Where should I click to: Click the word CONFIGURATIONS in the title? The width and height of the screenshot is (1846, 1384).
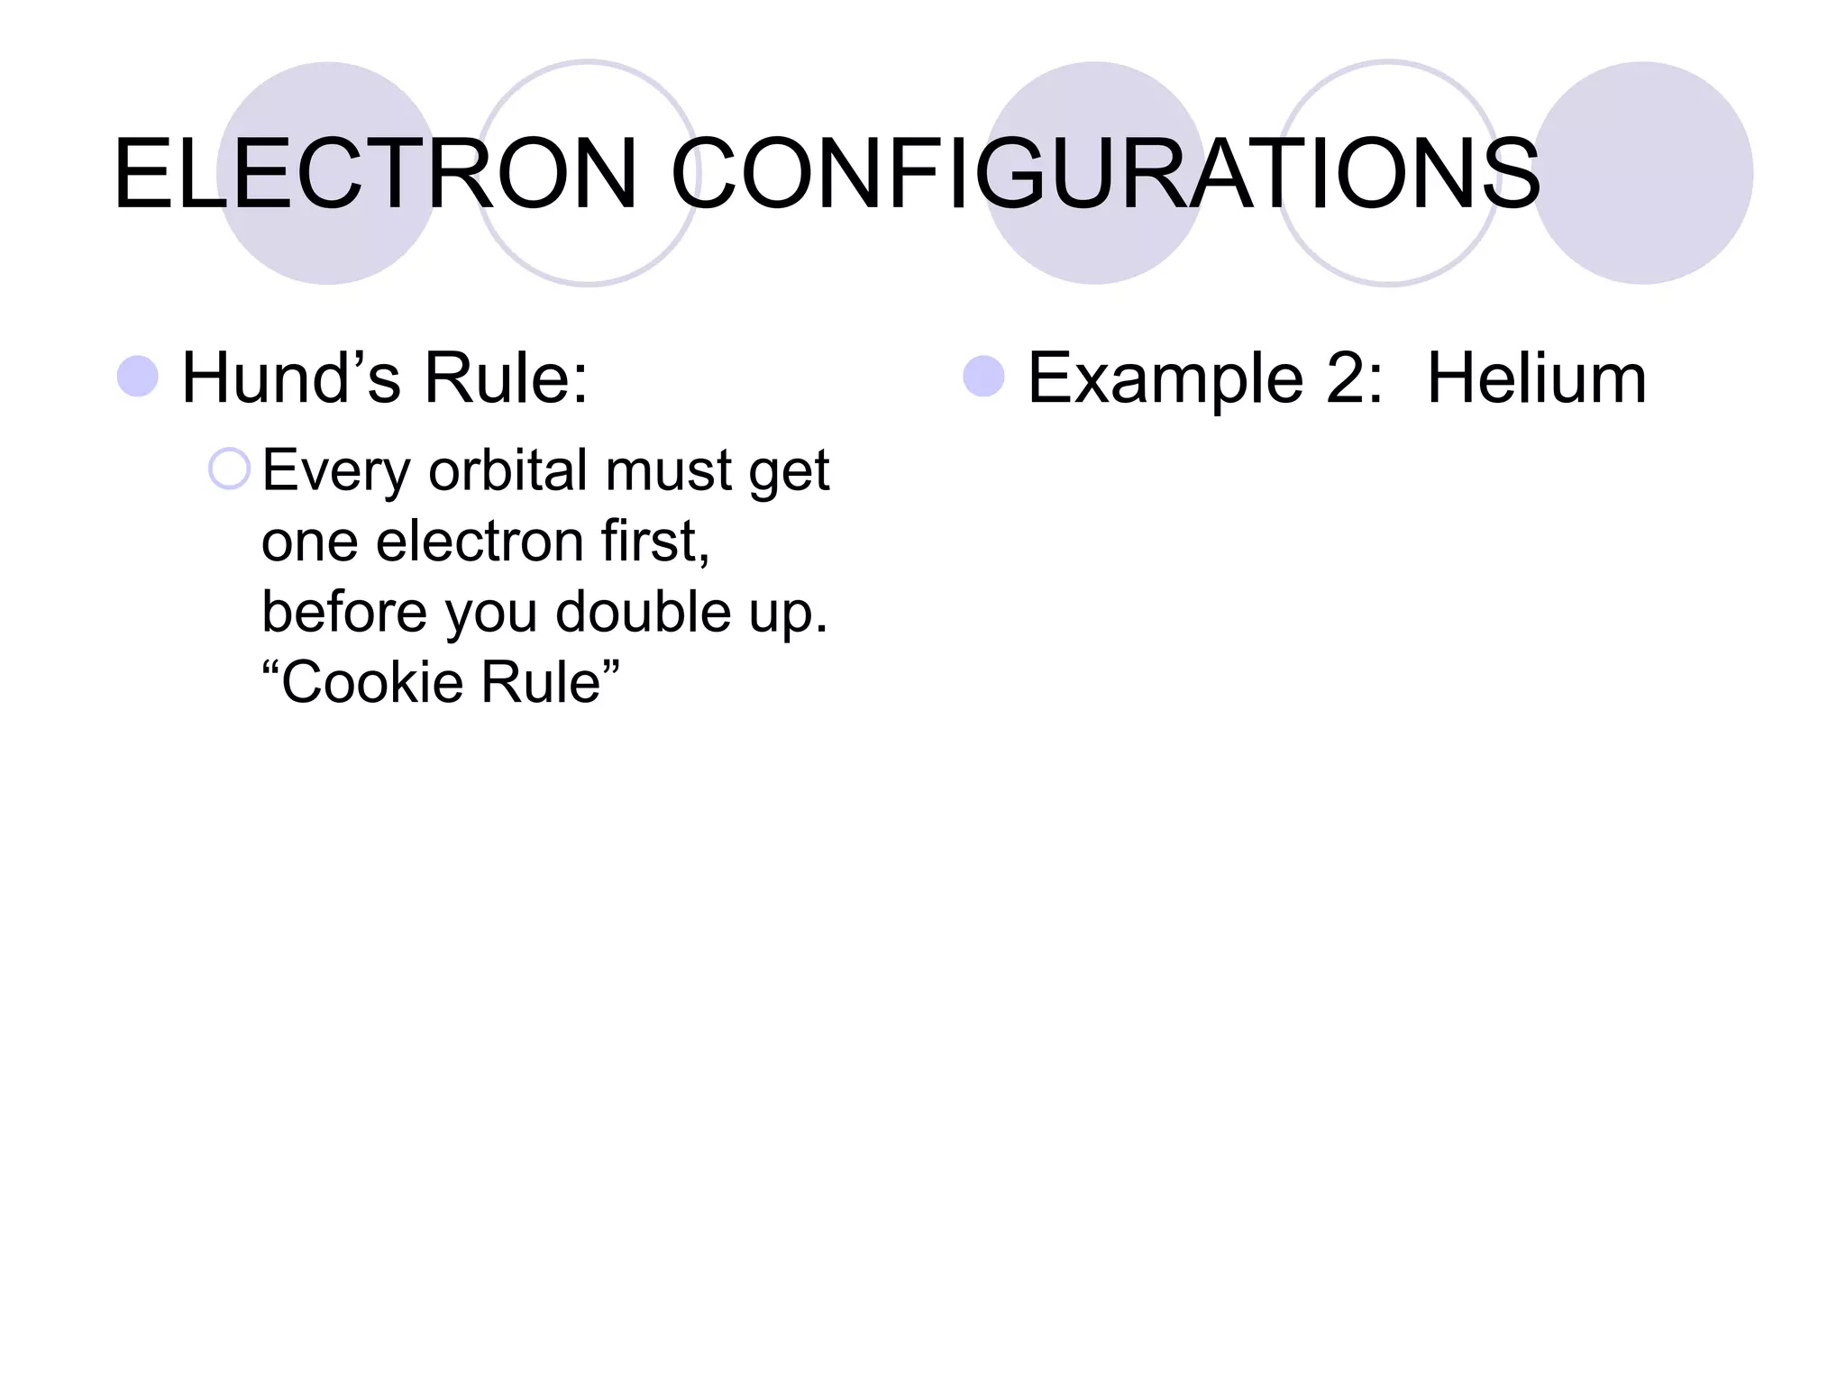(1106, 174)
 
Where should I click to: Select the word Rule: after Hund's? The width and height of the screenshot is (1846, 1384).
(506, 378)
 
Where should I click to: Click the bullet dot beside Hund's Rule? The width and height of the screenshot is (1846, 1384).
(138, 377)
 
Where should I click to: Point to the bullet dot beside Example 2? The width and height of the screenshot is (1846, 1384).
(983, 377)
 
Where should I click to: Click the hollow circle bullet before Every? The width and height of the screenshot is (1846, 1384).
(229, 469)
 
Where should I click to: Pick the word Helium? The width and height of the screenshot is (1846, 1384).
(1537, 378)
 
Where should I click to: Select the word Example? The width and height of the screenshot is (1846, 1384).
(1165, 378)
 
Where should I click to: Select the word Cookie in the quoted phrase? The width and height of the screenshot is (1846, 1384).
(374, 682)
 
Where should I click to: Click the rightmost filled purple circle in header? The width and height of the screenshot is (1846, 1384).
(1643, 173)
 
